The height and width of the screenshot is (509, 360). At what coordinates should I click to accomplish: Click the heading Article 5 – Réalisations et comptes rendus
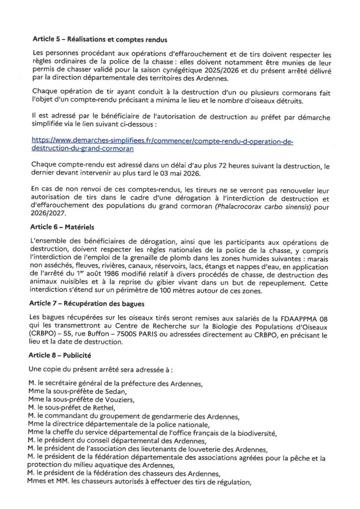[99, 38]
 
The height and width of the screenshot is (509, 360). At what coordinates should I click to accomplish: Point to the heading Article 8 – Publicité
[67, 356]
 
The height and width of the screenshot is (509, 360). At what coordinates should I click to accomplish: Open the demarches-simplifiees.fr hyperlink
[162, 145]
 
